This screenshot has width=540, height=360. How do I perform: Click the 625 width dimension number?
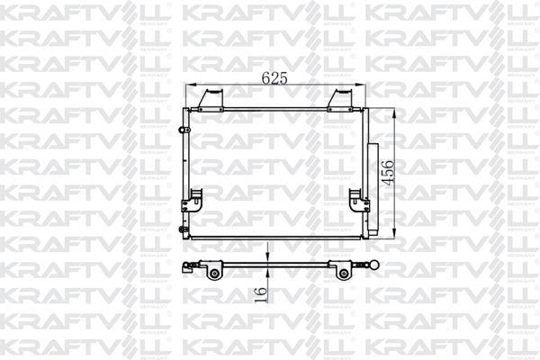pyautogui.click(x=274, y=78)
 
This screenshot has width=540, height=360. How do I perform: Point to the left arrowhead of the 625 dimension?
pyautogui.click(x=189, y=87)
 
